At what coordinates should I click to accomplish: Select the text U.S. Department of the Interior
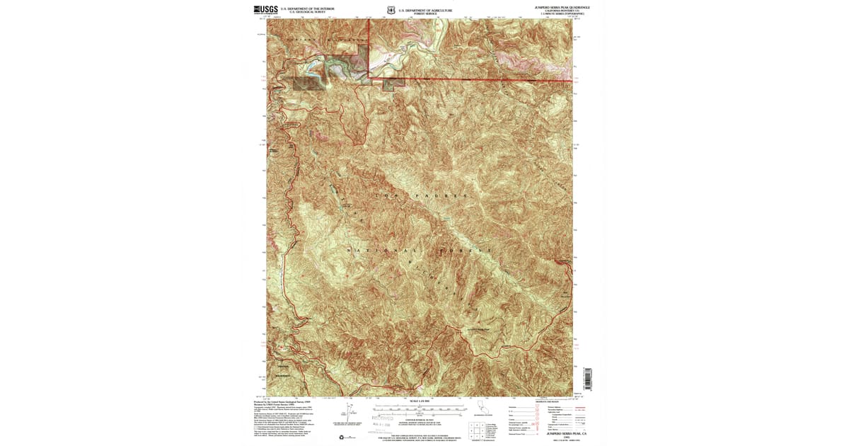[307, 8]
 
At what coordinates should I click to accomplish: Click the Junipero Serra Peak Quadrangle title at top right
[562, 6]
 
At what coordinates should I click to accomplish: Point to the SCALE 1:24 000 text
[420, 401]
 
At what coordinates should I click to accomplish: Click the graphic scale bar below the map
[420, 408]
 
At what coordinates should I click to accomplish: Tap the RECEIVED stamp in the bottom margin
[382, 418]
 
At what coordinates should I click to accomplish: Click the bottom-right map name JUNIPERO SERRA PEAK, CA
[562, 433]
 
